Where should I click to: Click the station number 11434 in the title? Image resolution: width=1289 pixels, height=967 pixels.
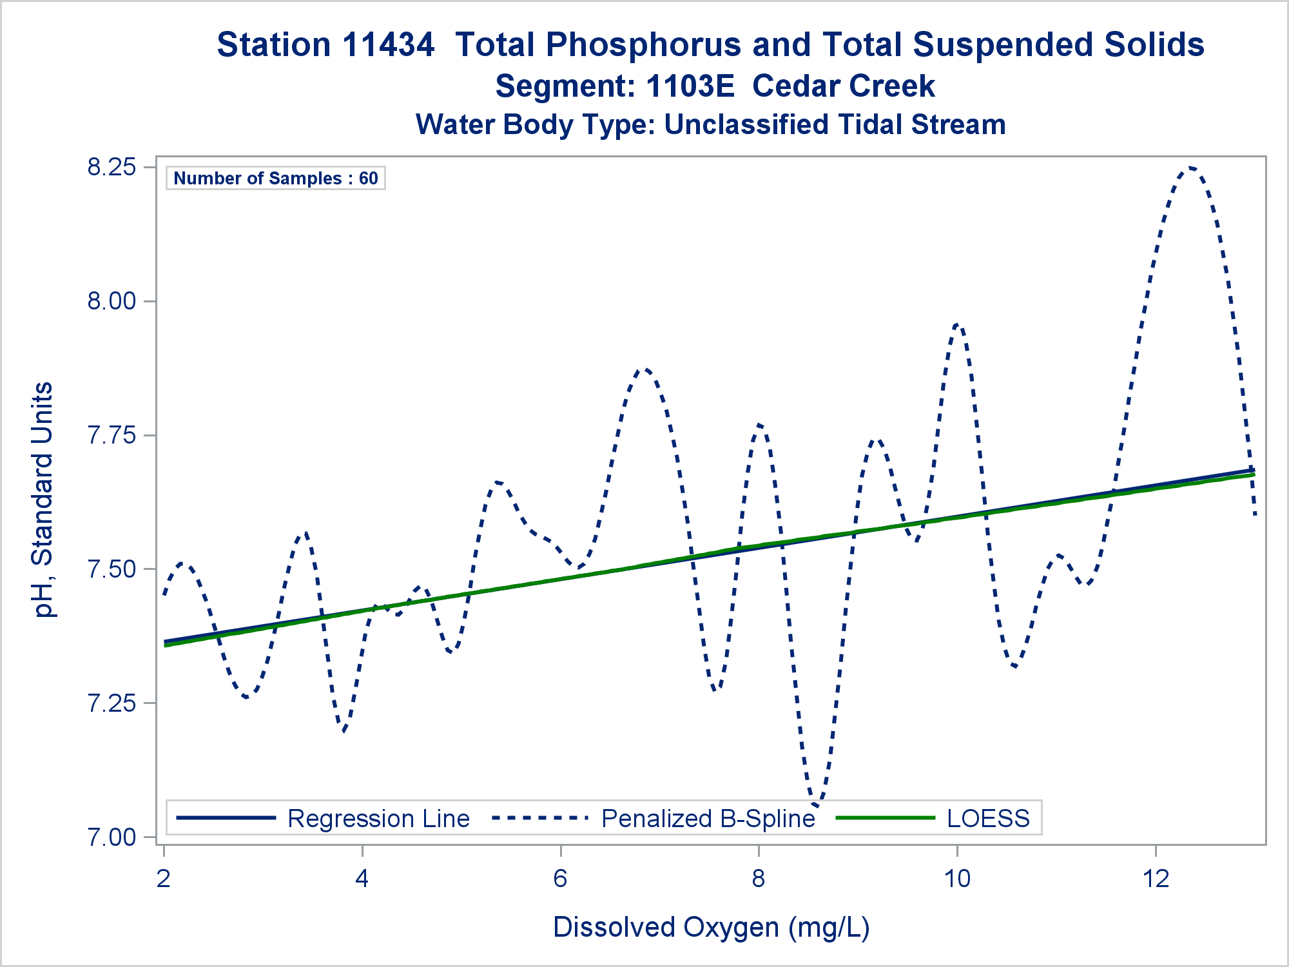pos(389,45)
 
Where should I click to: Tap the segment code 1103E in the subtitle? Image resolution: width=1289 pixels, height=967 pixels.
pos(690,86)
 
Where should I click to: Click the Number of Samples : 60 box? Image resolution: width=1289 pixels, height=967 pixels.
pos(276,178)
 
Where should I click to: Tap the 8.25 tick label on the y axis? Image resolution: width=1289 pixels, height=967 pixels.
pos(111,167)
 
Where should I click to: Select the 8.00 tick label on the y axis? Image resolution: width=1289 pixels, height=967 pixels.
pos(111,301)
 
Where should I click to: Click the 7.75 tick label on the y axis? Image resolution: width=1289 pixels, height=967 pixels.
pos(111,435)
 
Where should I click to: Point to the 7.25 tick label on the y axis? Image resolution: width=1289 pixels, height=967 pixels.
pos(111,703)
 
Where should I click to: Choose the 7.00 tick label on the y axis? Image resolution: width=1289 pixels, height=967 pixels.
pos(111,837)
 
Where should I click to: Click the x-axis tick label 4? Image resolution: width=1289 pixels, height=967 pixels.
pos(362,878)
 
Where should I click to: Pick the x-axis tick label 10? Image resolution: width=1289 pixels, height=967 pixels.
pos(957,878)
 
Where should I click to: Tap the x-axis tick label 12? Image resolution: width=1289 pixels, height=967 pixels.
pos(1156,878)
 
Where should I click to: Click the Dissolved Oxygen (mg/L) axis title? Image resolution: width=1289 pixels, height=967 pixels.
pos(711,927)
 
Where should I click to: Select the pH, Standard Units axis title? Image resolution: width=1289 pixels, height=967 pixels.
pos(43,500)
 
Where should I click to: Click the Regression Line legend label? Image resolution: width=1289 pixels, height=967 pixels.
pos(378,818)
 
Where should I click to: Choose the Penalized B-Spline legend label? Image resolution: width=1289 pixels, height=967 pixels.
pos(708,818)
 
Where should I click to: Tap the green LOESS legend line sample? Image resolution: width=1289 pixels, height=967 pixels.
pos(885,818)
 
